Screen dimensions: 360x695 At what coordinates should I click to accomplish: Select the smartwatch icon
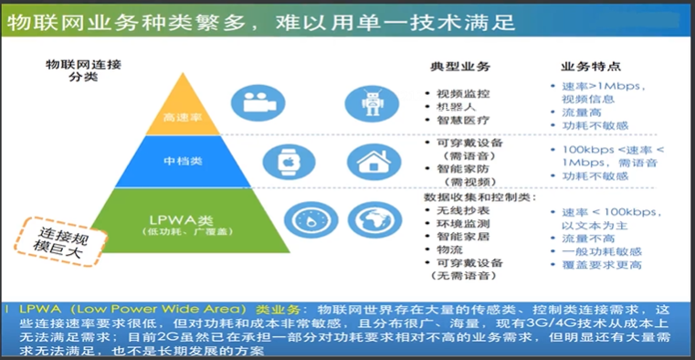click(x=282, y=161)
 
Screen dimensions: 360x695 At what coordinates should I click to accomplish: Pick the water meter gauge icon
click(x=304, y=220)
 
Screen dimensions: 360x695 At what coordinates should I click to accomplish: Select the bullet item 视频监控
click(x=463, y=93)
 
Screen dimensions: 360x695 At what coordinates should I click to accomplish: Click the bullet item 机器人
click(x=457, y=107)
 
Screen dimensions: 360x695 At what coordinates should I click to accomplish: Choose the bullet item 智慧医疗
click(x=463, y=120)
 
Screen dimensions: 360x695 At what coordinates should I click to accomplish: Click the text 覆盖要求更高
click(x=602, y=265)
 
